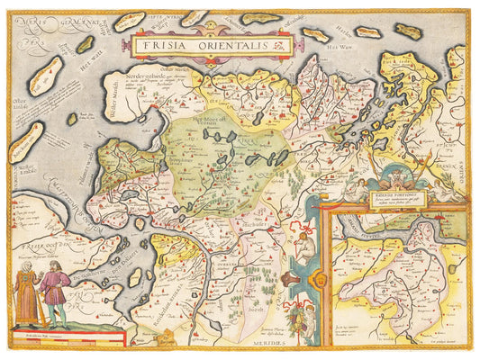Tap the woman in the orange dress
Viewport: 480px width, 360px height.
pyautogui.click(x=28, y=295)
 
